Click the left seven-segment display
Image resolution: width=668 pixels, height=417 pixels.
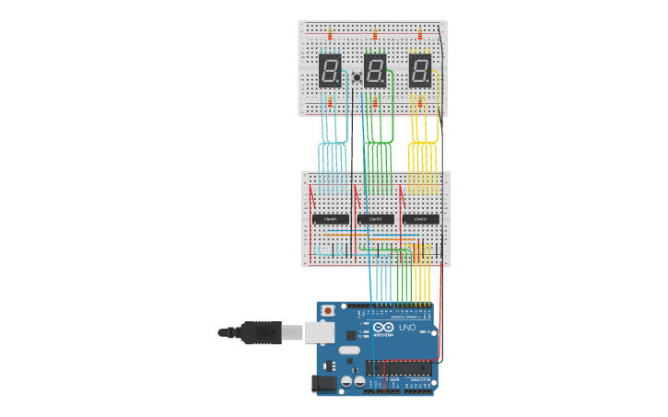(x=330, y=71)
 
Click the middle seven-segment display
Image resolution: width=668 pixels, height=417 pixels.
(x=375, y=71)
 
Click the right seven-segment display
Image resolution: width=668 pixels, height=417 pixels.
(x=420, y=71)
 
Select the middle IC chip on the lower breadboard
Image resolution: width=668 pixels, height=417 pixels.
(x=375, y=219)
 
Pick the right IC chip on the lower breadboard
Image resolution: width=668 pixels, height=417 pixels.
(x=420, y=219)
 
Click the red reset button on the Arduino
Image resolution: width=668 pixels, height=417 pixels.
(x=328, y=312)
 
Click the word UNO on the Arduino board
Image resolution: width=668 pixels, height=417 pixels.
(x=406, y=328)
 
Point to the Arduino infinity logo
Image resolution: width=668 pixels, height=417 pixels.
(x=384, y=328)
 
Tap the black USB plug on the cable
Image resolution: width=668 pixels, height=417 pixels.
(x=259, y=331)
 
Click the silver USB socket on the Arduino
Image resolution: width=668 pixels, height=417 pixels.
(x=321, y=331)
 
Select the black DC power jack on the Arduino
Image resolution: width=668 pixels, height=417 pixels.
(x=325, y=384)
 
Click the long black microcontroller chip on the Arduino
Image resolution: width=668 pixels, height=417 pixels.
(x=399, y=368)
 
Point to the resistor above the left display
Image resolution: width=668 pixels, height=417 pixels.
(x=330, y=37)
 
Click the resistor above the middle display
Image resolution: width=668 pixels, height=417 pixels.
(x=375, y=37)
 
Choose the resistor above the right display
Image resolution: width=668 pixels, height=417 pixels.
(x=420, y=37)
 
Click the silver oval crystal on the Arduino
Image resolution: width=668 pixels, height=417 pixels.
(x=347, y=351)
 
